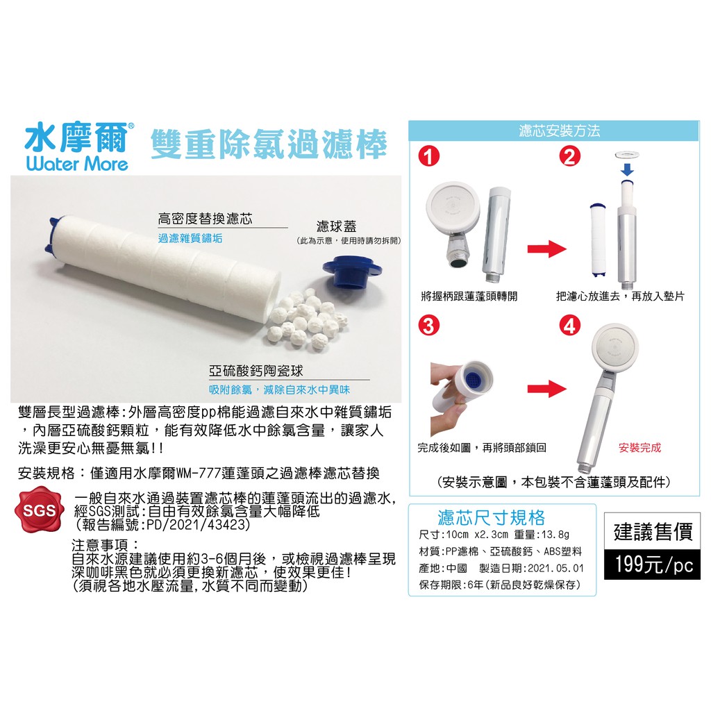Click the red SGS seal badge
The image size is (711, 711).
pyautogui.click(x=39, y=510)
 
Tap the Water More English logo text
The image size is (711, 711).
pyautogui.click(x=77, y=164)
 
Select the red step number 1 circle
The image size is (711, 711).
pyautogui.click(x=429, y=157)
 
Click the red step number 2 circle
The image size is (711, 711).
pyautogui.click(x=569, y=157)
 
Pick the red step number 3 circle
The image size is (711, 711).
pyautogui.click(x=429, y=326)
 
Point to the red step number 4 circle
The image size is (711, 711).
pyautogui.click(x=569, y=326)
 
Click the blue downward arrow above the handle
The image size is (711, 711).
pyautogui.click(x=627, y=169)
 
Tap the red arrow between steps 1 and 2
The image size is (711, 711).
pyautogui.click(x=547, y=249)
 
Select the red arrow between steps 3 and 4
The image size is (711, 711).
pyautogui.click(x=547, y=389)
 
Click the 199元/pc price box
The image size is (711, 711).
pyautogui.click(x=653, y=564)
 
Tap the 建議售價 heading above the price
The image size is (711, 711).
pyautogui.click(x=653, y=532)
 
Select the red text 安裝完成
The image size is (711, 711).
pyautogui.click(x=639, y=448)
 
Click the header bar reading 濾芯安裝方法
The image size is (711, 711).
pyautogui.click(x=554, y=131)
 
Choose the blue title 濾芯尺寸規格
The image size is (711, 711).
pyautogui.click(x=491, y=517)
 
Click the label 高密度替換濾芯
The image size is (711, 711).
pyautogui.click(x=205, y=219)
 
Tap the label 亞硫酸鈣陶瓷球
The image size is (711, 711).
pyautogui.click(x=256, y=371)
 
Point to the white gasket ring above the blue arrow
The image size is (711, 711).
pyautogui.click(x=628, y=155)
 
